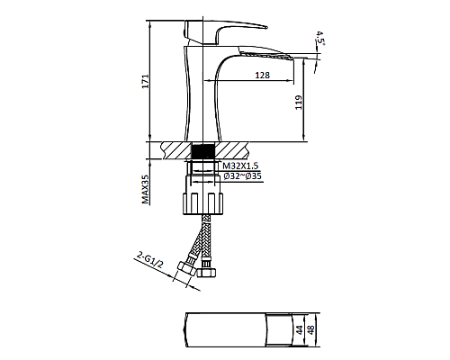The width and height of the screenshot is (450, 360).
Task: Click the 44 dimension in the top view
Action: (x=299, y=330)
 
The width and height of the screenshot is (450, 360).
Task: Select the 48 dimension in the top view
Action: (x=312, y=330)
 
